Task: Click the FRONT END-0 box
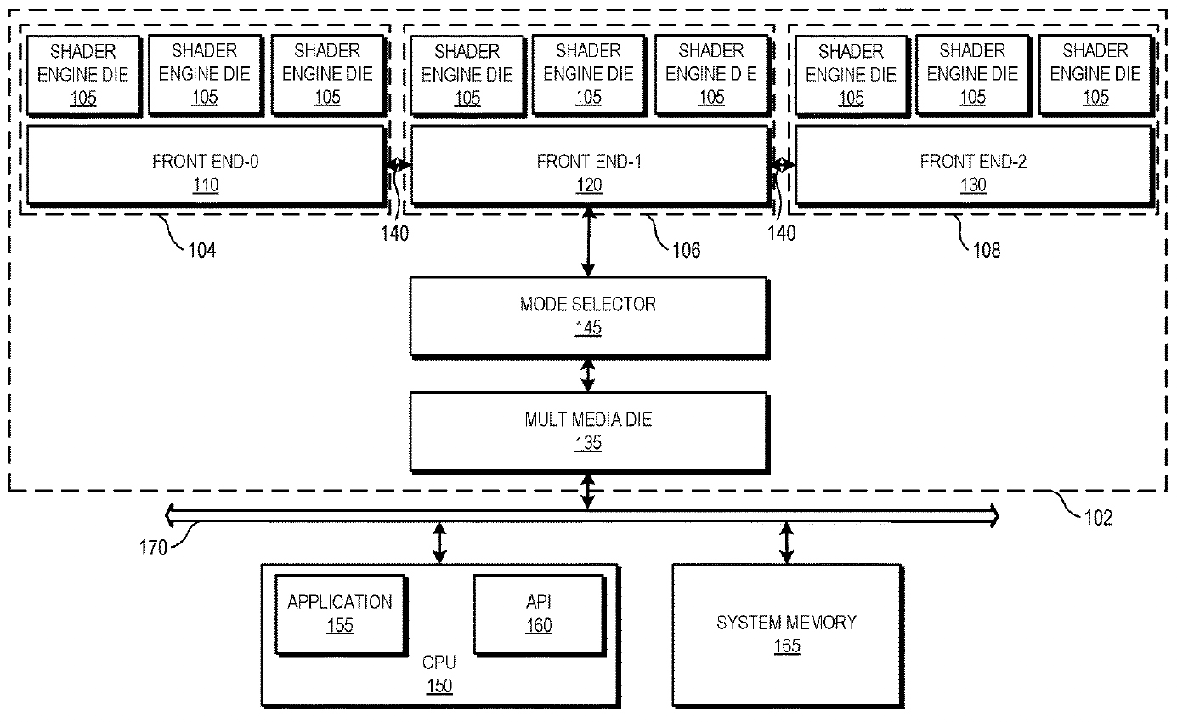coord(206,165)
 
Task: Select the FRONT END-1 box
coord(590,165)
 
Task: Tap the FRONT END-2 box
coord(974,165)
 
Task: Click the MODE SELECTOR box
coord(589,317)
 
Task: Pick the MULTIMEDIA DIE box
coord(589,433)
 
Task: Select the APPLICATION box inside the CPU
coord(341,615)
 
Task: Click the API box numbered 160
coord(540,615)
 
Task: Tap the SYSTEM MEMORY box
coord(788,636)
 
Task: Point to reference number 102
coord(1098,518)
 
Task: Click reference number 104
coord(202,250)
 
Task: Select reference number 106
coord(687,250)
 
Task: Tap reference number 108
coord(987,250)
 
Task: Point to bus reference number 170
coord(153,548)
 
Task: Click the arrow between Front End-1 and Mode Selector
coord(588,242)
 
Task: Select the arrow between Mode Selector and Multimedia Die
coord(588,376)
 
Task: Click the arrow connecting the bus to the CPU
coord(439,543)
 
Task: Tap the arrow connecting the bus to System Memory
coord(787,543)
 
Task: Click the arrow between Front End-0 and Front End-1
coord(399,165)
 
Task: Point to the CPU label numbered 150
coord(439,674)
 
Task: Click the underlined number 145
coord(588,327)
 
